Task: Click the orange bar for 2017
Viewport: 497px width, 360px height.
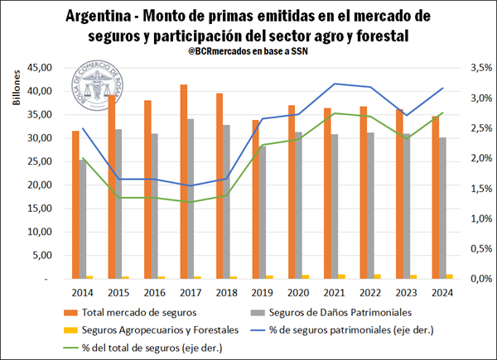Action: coord(184,182)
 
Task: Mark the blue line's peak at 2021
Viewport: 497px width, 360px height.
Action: coord(335,84)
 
